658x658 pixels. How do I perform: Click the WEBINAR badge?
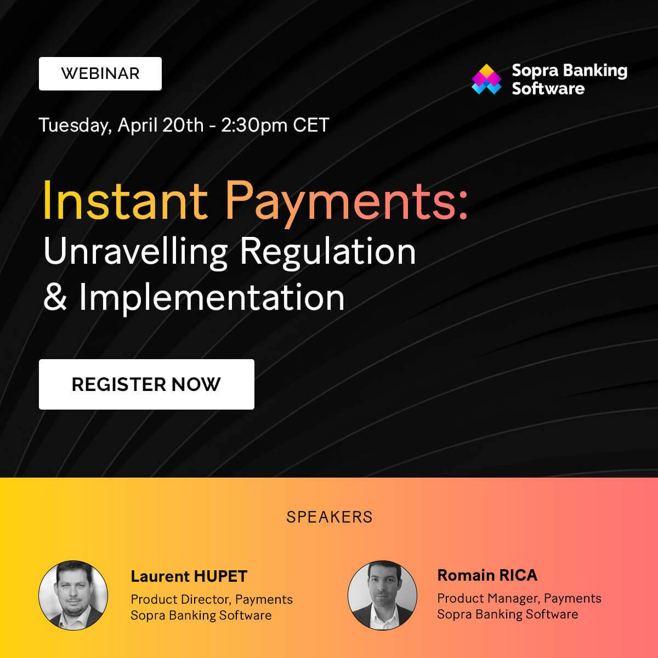(100, 73)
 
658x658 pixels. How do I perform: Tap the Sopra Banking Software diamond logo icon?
(486, 80)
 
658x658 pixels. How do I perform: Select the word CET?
(311, 125)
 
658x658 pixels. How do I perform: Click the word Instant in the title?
(125, 201)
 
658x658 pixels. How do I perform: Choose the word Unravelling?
(135, 252)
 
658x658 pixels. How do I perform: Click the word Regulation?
(327, 252)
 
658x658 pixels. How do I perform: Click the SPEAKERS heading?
(329, 517)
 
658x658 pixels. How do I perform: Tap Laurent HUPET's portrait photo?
(73, 595)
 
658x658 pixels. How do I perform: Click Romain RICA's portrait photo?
(382, 595)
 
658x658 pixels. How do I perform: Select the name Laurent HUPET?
(189, 576)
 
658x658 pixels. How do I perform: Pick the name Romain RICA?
(487, 575)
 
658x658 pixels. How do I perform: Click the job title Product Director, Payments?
(212, 599)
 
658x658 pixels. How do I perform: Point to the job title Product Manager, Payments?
(519, 598)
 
